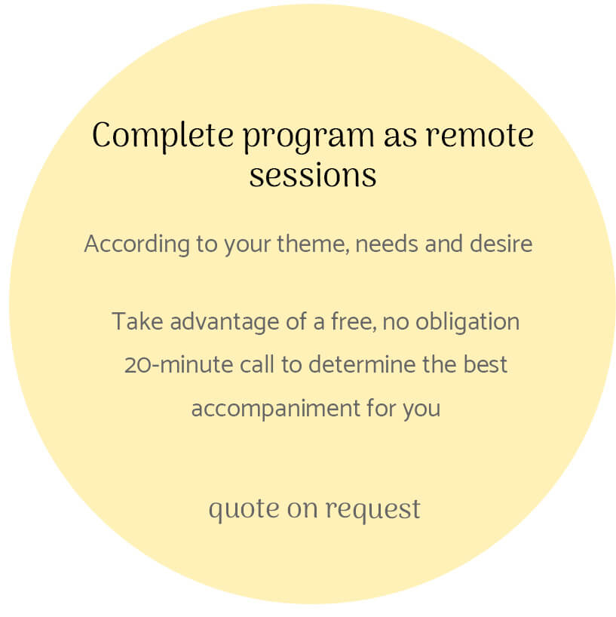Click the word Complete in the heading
click(163, 137)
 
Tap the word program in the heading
click(308, 139)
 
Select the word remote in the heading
click(480, 137)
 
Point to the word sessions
click(313, 176)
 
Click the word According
click(137, 244)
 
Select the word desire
click(501, 243)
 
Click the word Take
click(137, 321)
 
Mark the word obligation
click(467, 322)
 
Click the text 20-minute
click(179, 364)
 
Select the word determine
click(362, 364)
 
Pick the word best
click(485, 364)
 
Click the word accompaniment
click(276, 409)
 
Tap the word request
click(373, 510)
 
